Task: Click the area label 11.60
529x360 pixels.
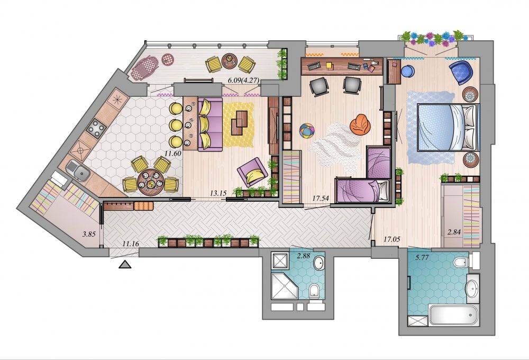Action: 173,153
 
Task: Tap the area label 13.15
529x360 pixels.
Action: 218,193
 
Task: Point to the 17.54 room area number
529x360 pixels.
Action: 321,198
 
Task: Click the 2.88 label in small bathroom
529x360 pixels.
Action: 303,256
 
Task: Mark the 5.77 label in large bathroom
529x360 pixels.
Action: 422,257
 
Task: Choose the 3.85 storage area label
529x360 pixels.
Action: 89,233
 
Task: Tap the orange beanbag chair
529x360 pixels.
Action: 360,123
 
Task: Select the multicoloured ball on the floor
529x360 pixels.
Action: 307,130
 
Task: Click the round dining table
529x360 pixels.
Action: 150,183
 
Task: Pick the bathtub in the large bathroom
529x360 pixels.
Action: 454,315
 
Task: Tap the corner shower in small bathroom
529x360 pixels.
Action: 285,286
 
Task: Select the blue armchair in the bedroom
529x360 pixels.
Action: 461,71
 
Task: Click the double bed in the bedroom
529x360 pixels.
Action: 448,127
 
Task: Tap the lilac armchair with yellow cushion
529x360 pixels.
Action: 252,172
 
